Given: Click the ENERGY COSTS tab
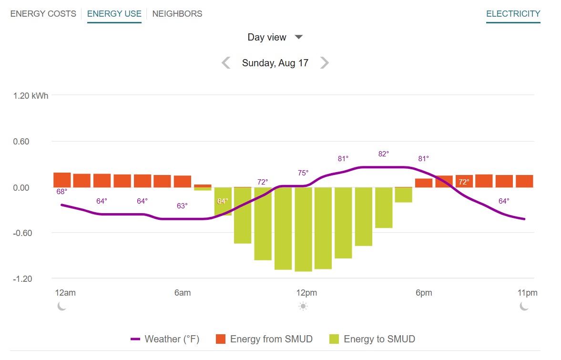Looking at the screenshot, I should tap(43, 14).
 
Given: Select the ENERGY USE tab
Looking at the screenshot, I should tap(114, 14).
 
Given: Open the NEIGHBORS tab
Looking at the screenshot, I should tap(177, 14).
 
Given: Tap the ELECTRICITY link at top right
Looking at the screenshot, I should tap(513, 14).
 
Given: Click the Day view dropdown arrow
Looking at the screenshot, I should tap(299, 37).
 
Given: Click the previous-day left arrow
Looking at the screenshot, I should tap(226, 63).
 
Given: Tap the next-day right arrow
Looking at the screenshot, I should tap(324, 63).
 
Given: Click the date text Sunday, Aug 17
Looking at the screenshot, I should tap(275, 63).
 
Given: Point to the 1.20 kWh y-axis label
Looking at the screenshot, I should tap(31, 95).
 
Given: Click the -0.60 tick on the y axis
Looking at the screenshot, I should tap(21, 233).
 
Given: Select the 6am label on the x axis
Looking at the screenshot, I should tap(183, 293).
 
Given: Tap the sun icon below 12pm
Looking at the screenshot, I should tap(303, 306).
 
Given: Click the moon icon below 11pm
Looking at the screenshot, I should tap(524, 306).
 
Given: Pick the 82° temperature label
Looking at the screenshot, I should tap(384, 154).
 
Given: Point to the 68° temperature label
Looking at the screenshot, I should tap(62, 192).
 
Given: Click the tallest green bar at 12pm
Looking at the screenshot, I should tap(303, 229).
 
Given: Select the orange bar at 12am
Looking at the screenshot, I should tap(62, 180).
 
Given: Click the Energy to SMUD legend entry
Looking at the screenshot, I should tap(372, 339).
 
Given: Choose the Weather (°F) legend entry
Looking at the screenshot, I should tap(165, 339).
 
